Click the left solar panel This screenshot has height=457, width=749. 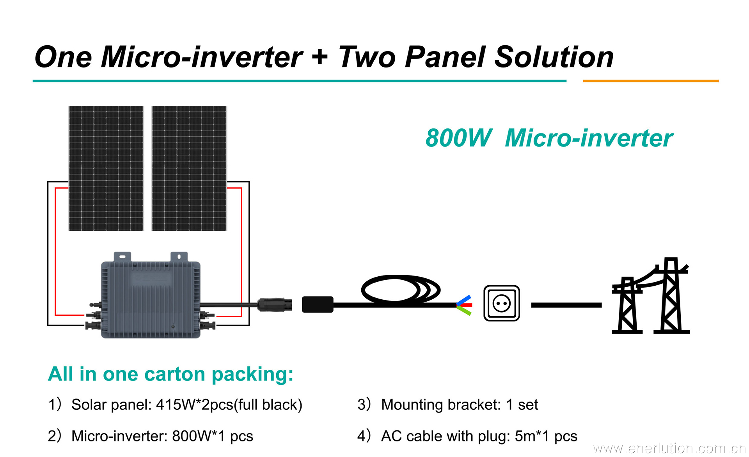(x=106, y=168)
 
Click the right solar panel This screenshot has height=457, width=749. (x=189, y=168)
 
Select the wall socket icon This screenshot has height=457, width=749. (x=501, y=303)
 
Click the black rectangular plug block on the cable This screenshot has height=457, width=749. (x=318, y=304)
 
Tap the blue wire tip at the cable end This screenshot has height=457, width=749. (x=465, y=299)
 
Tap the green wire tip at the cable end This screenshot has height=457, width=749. (x=465, y=311)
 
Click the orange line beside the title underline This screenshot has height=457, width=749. (x=650, y=81)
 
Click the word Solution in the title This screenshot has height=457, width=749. (x=554, y=57)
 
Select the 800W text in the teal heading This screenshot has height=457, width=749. (x=458, y=138)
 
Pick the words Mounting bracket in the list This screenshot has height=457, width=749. (x=440, y=405)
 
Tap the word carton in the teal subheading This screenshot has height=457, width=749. (x=174, y=374)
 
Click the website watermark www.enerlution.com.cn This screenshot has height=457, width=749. (x=669, y=448)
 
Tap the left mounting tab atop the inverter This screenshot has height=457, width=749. (x=122, y=256)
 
